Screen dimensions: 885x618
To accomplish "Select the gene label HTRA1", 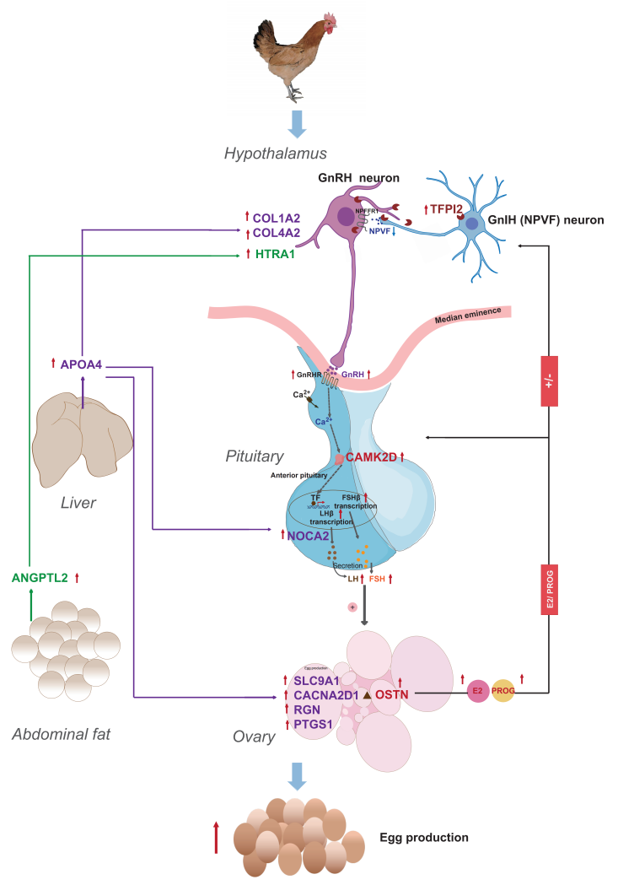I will pos(274,254).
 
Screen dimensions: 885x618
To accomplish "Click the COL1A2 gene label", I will pos(277,218).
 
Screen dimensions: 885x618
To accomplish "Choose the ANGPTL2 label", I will pos(40,578).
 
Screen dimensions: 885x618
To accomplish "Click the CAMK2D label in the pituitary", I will pos(371,457).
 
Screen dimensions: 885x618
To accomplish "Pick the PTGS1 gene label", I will pos(314,724).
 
